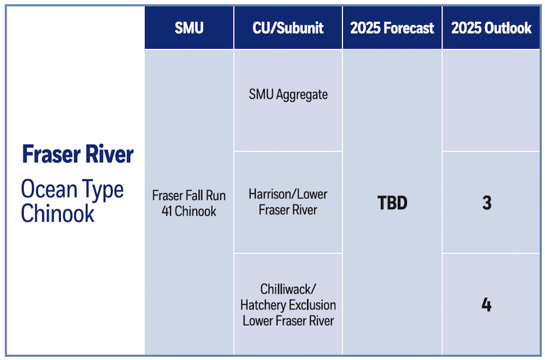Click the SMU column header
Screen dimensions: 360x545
pyautogui.click(x=189, y=28)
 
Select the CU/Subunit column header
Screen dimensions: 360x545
pyautogui.click(x=288, y=28)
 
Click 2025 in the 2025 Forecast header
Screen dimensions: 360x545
pyautogui.click(x=364, y=28)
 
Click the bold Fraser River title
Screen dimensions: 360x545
pyautogui.click(x=78, y=155)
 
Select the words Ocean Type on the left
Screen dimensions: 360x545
pyautogui.click(x=72, y=189)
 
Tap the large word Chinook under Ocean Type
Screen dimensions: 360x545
pyautogui.click(x=58, y=213)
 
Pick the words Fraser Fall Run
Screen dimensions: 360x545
pyautogui.click(x=189, y=196)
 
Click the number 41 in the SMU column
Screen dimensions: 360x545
pyautogui.click(x=170, y=210)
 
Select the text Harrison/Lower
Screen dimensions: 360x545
pyautogui.click(x=288, y=194)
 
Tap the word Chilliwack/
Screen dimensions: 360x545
pyautogui.click(x=288, y=289)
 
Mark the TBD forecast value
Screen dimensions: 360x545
pyautogui.click(x=392, y=203)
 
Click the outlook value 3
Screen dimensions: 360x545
pyautogui.click(x=487, y=203)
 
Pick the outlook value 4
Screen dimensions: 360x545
pyautogui.click(x=487, y=304)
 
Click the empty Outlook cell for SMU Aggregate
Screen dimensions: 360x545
pyautogui.click(x=491, y=101)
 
